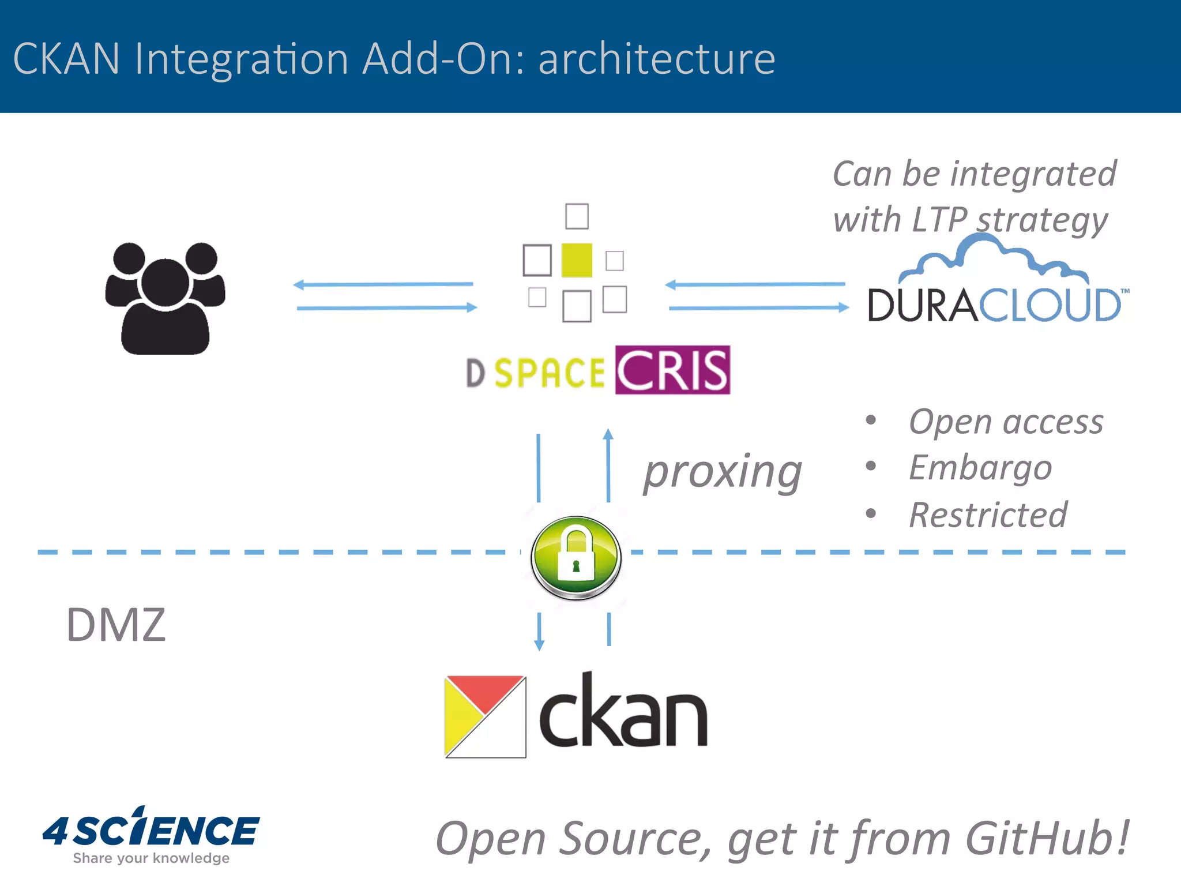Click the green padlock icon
[576, 557]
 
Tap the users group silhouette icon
[165, 298]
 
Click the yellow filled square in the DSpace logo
[576, 260]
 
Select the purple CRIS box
[672, 370]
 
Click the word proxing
[723, 472]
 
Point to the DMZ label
[116, 625]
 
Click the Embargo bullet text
[980, 467]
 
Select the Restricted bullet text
[988, 515]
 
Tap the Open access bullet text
[1006, 422]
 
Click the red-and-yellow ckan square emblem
[485, 716]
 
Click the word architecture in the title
[657, 59]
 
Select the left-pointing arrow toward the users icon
[383, 284]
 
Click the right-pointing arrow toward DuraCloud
[758, 308]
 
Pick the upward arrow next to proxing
[608, 465]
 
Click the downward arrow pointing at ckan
[539, 631]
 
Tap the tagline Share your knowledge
[151, 858]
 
